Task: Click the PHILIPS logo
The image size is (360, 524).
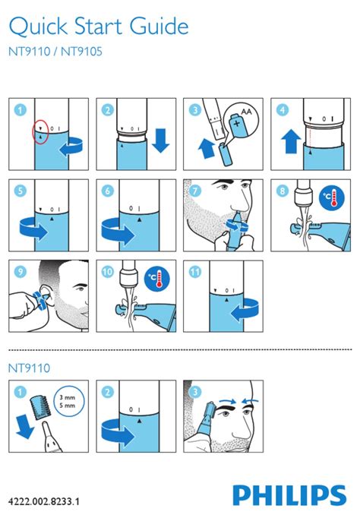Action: click(x=289, y=495)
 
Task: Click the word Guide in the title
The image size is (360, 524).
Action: click(x=159, y=26)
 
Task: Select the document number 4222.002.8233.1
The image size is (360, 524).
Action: click(x=44, y=501)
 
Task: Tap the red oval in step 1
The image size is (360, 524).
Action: click(x=41, y=131)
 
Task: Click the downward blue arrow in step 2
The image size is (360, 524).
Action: click(x=161, y=140)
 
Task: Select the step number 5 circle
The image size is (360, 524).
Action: click(x=20, y=191)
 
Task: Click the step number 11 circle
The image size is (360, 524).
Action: click(x=195, y=272)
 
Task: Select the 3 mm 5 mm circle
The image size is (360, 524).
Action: click(x=69, y=402)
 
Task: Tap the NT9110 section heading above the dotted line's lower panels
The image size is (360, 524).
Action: click(x=29, y=368)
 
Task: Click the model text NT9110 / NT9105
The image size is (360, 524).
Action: click(x=55, y=52)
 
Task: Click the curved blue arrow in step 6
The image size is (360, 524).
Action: click(x=118, y=231)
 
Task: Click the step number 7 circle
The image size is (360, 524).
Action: click(x=195, y=191)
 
